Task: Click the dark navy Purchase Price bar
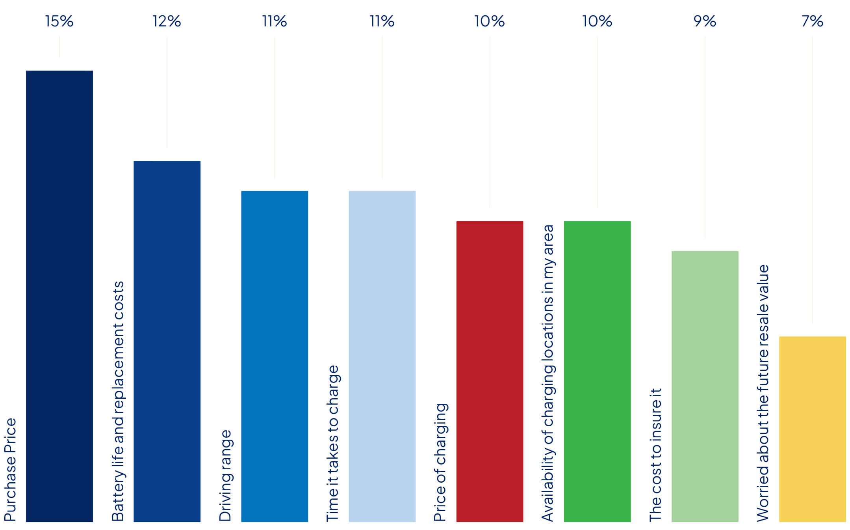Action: (59, 296)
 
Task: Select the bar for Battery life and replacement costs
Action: (167, 341)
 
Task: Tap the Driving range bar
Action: (275, 356)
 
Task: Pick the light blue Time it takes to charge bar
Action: (382, 356)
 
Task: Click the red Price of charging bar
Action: (490, 371)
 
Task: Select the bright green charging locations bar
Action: (597, 371)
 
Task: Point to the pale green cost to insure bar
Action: (705, 386)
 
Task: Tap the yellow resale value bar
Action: (812, 429)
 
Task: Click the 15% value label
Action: (59, 21)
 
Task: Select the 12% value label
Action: (167, 21)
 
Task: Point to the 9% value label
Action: (705, 21)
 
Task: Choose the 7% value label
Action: (812, 21)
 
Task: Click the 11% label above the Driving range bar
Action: (275, 21)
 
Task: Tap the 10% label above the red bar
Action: (490, 21)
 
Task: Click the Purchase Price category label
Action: (11, 470)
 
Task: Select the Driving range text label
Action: (225, 476)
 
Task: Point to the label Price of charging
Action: (441, 462)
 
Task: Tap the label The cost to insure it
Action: (656, 455)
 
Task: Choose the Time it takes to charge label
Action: (333, 443)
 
